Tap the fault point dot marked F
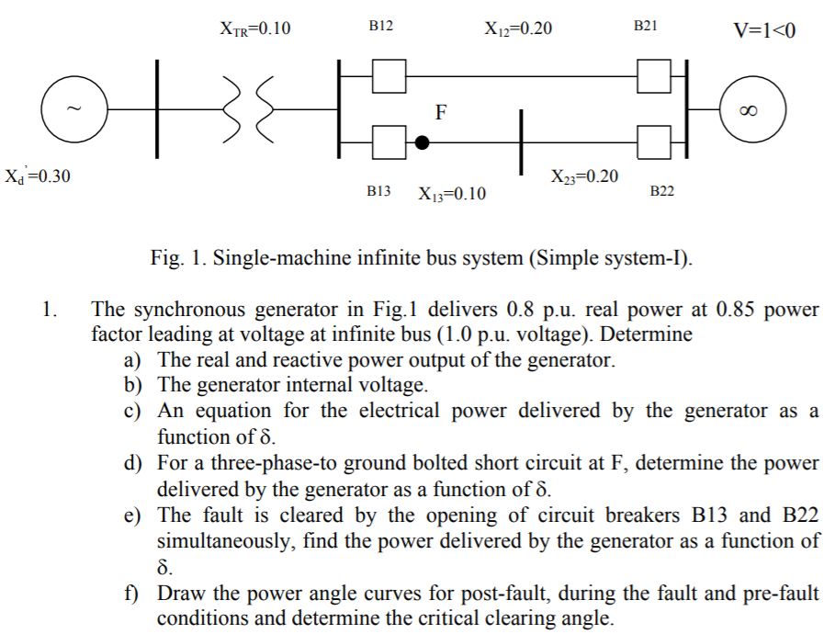pos(422,142)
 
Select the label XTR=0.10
pos(255,29)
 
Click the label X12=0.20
pos(518,29)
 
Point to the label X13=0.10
pos(452,194)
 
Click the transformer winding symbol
pos(251,110)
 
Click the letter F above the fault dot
pos(441,113)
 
